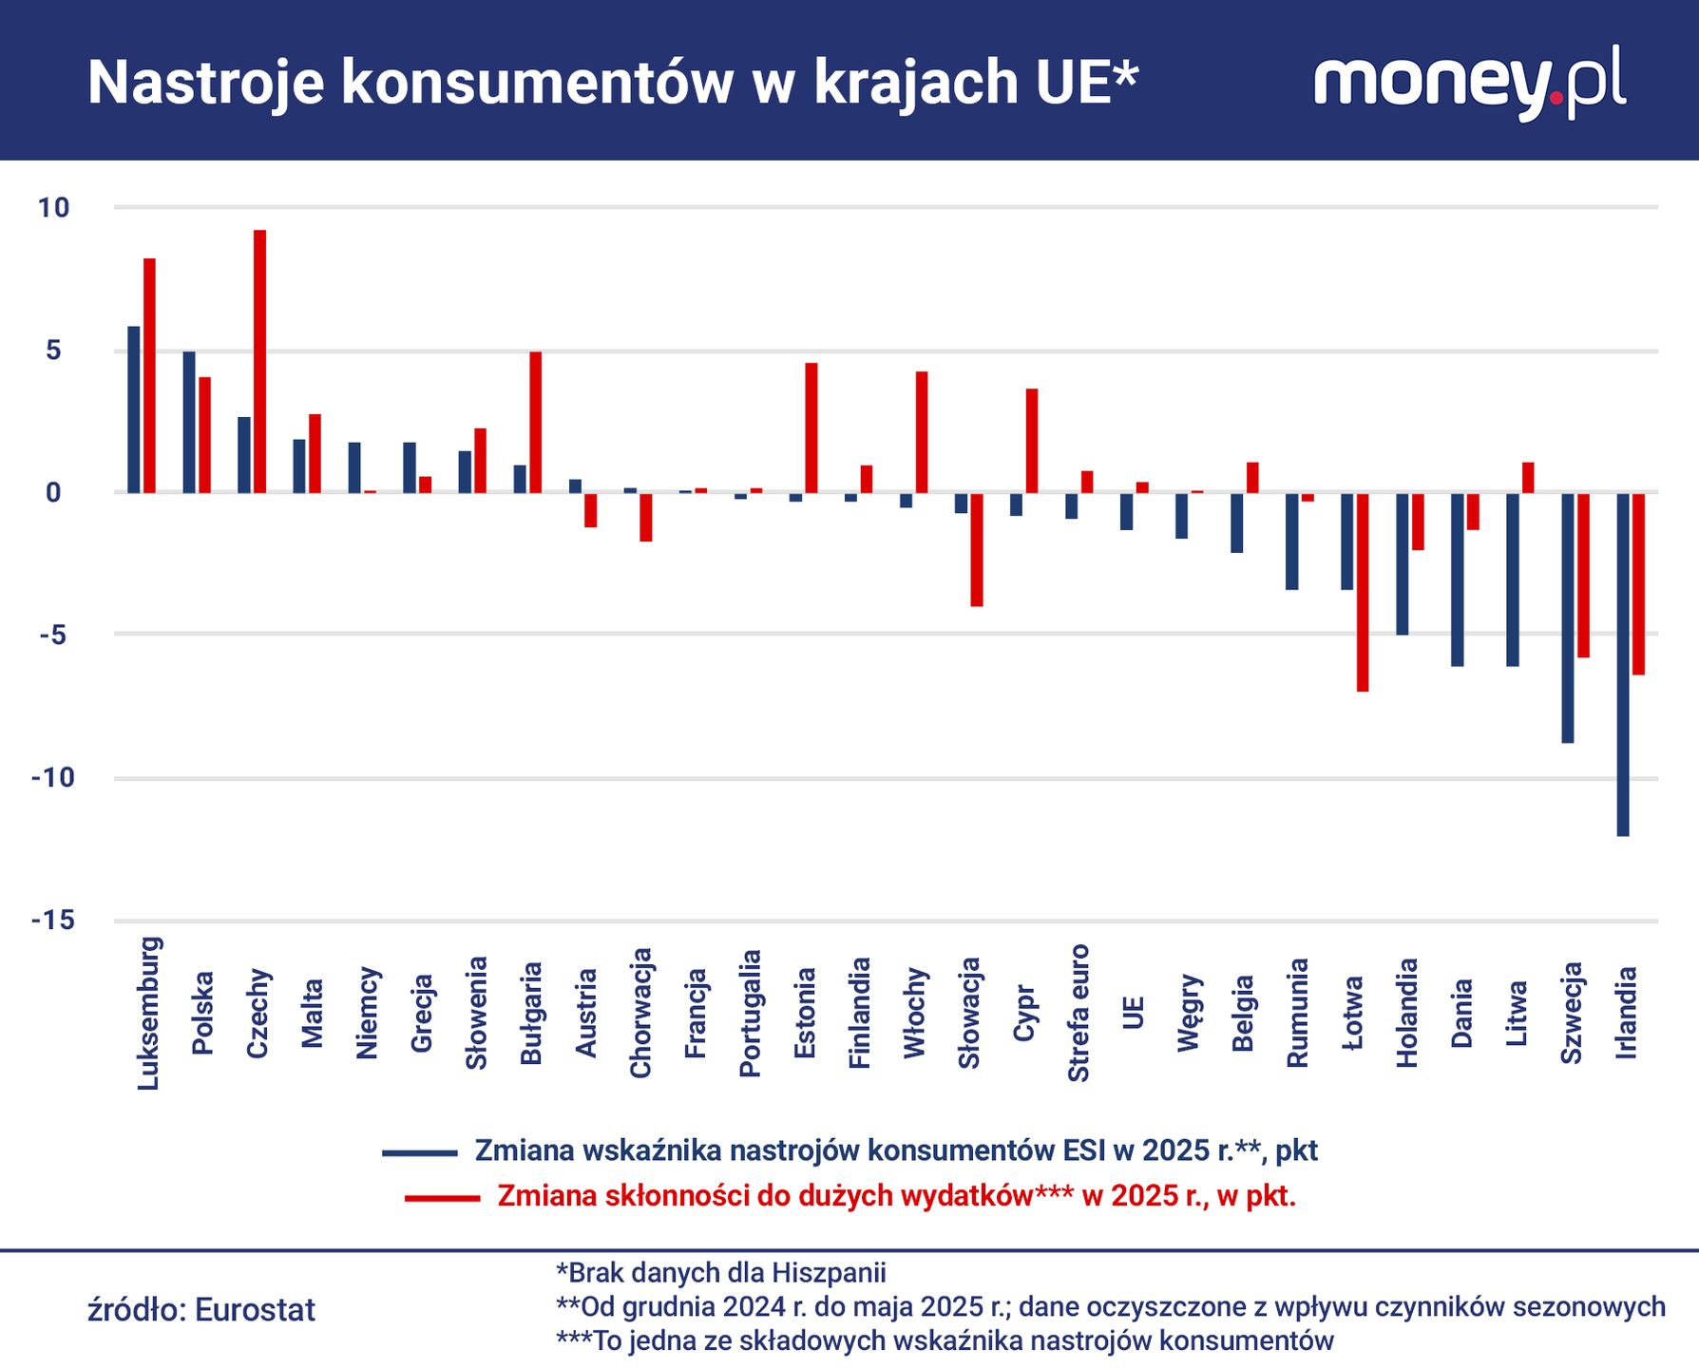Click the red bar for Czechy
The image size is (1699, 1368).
pos(259,361)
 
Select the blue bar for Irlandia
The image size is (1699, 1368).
pos(1623,664)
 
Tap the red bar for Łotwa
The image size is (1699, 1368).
pos(1363,592)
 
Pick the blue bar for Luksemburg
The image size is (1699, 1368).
pos(134,409)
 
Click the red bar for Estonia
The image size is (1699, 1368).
pos(811,427)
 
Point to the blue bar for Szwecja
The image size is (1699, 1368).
pos(1568,617)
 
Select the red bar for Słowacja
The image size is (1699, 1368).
pos(976,549)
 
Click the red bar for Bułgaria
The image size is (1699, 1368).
pos(535,422)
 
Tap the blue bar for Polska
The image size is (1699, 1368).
pos(189,422)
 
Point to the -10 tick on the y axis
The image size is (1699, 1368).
pos(52,778)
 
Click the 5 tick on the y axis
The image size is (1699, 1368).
pos(52,351)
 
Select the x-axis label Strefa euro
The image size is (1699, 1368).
pos(1079,1013)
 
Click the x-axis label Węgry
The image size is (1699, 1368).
pos(1189,1013)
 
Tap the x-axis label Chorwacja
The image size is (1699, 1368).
pos(640,1013)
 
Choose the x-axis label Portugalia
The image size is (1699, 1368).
pos(751,1013)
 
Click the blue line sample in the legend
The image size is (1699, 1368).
pos(420,1152)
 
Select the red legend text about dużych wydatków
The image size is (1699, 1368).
pos(896,1196)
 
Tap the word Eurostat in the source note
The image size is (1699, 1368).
pos(255,1310)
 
